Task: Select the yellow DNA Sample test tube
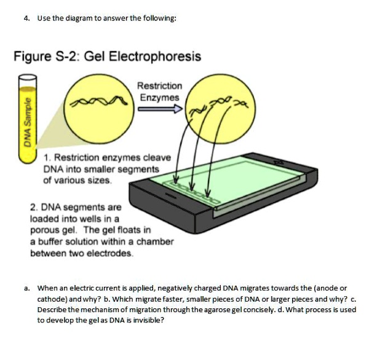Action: pos(28,122)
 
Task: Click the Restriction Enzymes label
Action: pos(159,92)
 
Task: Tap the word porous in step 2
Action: pos(44,230)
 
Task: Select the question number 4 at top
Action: pos(26,18)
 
